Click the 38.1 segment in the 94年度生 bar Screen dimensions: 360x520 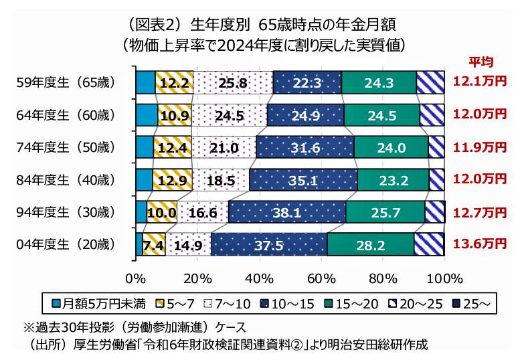(287, 213)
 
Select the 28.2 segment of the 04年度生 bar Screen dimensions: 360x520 (370, 245)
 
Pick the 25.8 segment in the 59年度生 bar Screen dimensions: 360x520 (234, 83)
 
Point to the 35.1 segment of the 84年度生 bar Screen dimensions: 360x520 (303, 180)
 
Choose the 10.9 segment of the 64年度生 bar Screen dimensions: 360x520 (175, 115)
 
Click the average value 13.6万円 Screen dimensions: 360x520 (480, 244)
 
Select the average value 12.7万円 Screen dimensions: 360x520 (480, 212)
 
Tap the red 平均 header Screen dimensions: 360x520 (480, 62)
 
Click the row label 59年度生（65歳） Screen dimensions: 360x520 (66, 83)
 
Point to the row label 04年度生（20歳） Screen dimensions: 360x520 (66, 244)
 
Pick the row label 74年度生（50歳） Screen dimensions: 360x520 (66, 147)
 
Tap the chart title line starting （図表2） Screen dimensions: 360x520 (260, 25)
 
